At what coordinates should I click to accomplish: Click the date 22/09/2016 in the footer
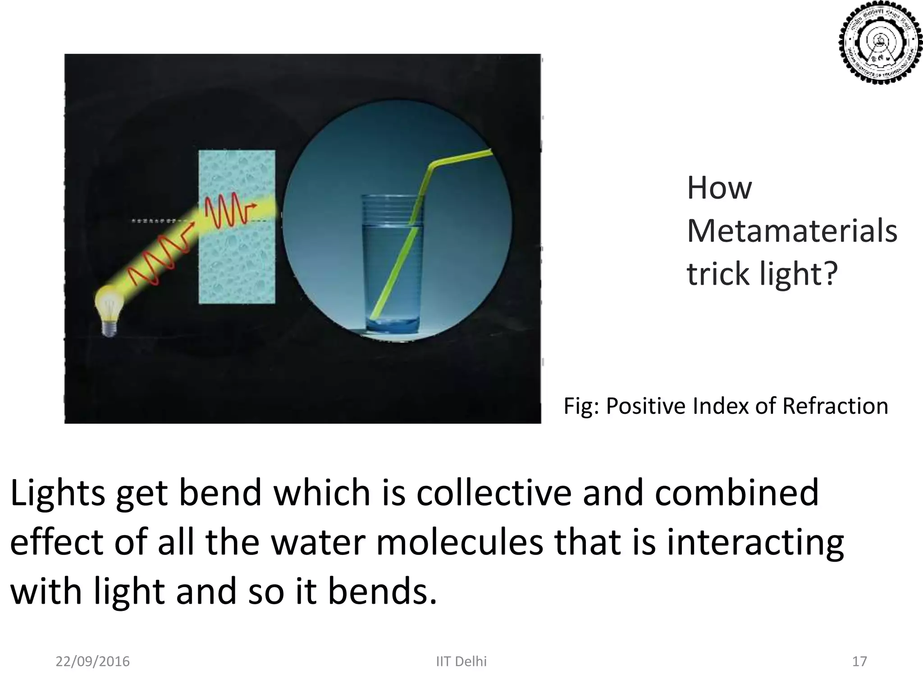pyautogui.click(x=92, y=661)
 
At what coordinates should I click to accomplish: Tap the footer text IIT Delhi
pyautogui.click(x=461, y=661)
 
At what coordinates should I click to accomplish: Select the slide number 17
pyautogui.click(x=859, y=661)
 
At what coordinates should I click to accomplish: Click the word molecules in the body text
pyautogui.click(x=459, y=542)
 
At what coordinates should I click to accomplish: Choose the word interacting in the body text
pyautogui.click(x=755, y=542)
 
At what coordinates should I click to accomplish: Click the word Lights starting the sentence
pyautogui.click(x=58, y=492)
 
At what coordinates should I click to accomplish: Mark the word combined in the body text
pyautogui.click(x=736, y=492)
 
